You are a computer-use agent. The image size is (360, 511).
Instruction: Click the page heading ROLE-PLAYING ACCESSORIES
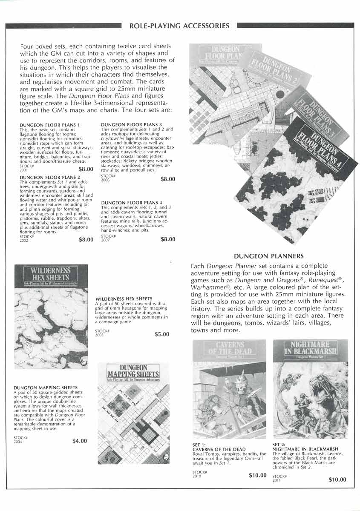(179, 26)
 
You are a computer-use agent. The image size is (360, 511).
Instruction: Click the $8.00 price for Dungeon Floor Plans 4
(167, 239)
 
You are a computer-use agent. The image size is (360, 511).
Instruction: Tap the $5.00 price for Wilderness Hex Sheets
(162, 334)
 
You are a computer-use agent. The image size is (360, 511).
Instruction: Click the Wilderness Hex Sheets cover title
(51, 273)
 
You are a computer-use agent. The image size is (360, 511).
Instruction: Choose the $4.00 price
(80, 441)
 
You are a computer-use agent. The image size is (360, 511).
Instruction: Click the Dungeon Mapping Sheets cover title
(133, 371)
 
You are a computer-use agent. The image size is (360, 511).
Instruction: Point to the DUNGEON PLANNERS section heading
(268, 256)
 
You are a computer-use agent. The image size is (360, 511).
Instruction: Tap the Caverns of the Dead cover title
(230, 348)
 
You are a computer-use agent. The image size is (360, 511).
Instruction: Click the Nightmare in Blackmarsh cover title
(310, 348)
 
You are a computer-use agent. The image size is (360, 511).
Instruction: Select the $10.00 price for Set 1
(257, 475)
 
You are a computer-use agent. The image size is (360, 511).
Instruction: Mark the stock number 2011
(277, 480)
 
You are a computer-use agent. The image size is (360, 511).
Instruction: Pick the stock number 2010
(197, 476)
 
